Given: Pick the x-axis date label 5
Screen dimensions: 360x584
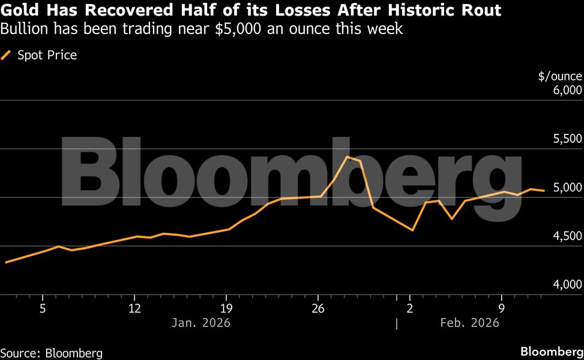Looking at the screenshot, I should coord(43,308).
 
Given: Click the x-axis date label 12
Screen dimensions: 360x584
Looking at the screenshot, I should coord(134,308).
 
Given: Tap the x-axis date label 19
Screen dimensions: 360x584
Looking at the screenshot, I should coord(226,308).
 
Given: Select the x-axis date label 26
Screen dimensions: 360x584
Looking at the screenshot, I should coord(318,308).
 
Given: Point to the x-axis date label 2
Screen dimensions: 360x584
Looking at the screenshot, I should coord(410,308).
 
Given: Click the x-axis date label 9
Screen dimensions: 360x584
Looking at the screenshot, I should coord(502,308).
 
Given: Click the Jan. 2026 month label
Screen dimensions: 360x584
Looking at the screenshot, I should coord(201,323).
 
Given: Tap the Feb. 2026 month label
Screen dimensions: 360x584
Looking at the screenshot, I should coord(470,323).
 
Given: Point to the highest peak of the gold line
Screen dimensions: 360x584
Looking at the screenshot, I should coord(348,157).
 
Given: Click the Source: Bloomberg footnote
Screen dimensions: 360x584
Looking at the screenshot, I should coord(52,353).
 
